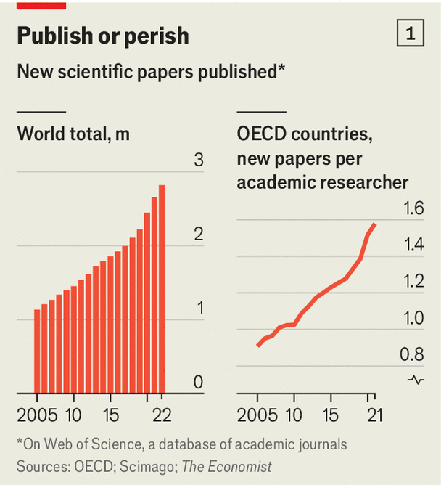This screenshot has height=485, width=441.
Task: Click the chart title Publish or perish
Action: click(x=102, y=36)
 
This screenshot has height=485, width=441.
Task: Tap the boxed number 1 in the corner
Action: click(x=411, y=34)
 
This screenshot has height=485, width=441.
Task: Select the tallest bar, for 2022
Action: click(x=161, y=289)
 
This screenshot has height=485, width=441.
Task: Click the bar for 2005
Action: click(x=37, y=351)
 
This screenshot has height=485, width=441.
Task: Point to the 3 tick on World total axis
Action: click(x=198, y=160)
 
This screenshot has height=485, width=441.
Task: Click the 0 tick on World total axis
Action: click(x=198, y=383)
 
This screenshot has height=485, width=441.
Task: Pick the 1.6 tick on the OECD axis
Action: click(x=413, y=209)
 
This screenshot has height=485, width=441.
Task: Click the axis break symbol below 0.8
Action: click(x=416, y=380)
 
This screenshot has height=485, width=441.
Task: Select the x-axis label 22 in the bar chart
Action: click(x=160, y=416)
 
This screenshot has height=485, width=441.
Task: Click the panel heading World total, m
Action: click(x=73, y=134)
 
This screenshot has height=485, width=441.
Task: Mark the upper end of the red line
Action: click(x=374, y=225)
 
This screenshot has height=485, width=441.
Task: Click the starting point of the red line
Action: click(x=258, y=346)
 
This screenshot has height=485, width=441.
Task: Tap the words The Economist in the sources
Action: click(x=226, y=466)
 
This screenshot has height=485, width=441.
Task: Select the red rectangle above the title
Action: click(x=41, y=5)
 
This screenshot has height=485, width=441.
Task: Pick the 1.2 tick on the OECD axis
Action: click(x=413, y=282)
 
